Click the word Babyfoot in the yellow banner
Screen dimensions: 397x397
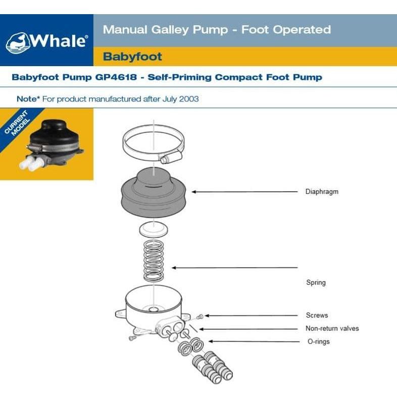point(132,57)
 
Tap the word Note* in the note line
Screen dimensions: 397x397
point(28,99)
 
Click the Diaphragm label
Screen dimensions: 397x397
point(322,192)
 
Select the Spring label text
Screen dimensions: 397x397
point(316,282)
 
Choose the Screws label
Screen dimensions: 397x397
point(317,315)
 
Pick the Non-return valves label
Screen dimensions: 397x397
point(332,328)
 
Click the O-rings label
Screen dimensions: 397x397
point(318,341)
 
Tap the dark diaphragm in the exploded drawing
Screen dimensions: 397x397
point(153,192)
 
